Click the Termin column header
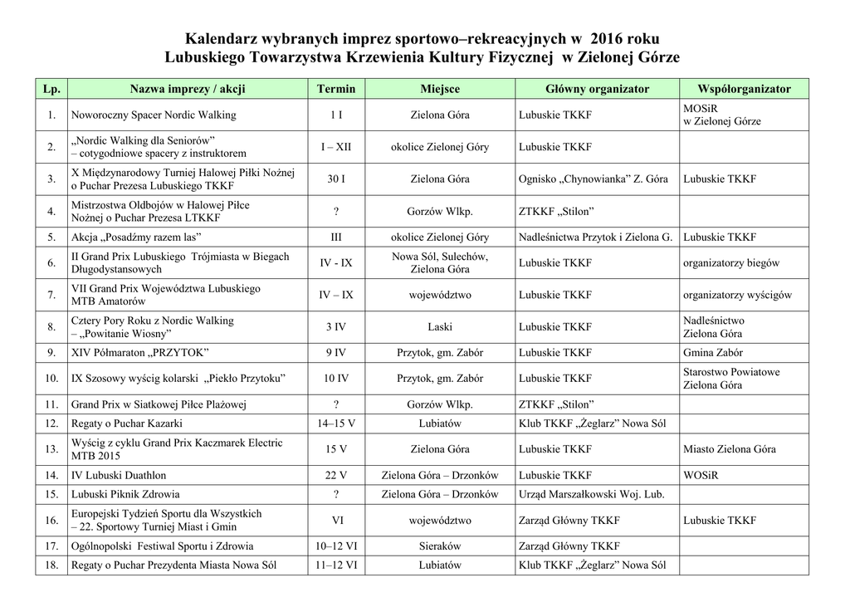(x=336, y=89)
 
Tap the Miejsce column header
(x=440, y=89)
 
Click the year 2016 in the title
(x=608, y=39)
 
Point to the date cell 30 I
(x=336, y=179)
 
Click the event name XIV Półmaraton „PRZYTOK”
(x=140, y=352)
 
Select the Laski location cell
(x=440, y=326)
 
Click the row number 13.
(x=51, y=449)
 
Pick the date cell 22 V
(x=336, y=475)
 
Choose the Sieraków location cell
(x=440, y=546)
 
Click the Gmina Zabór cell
(x=712, y=352)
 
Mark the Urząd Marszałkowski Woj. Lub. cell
(x=591, y=494)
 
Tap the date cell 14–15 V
(x=336, y=423)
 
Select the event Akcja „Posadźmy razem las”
(x=138, y=237)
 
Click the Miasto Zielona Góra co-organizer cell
(x=730, y=449)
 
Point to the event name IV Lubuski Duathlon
(x=119, y=475)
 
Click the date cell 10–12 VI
(x=336, y=546)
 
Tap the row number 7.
(x=51, y=295)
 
